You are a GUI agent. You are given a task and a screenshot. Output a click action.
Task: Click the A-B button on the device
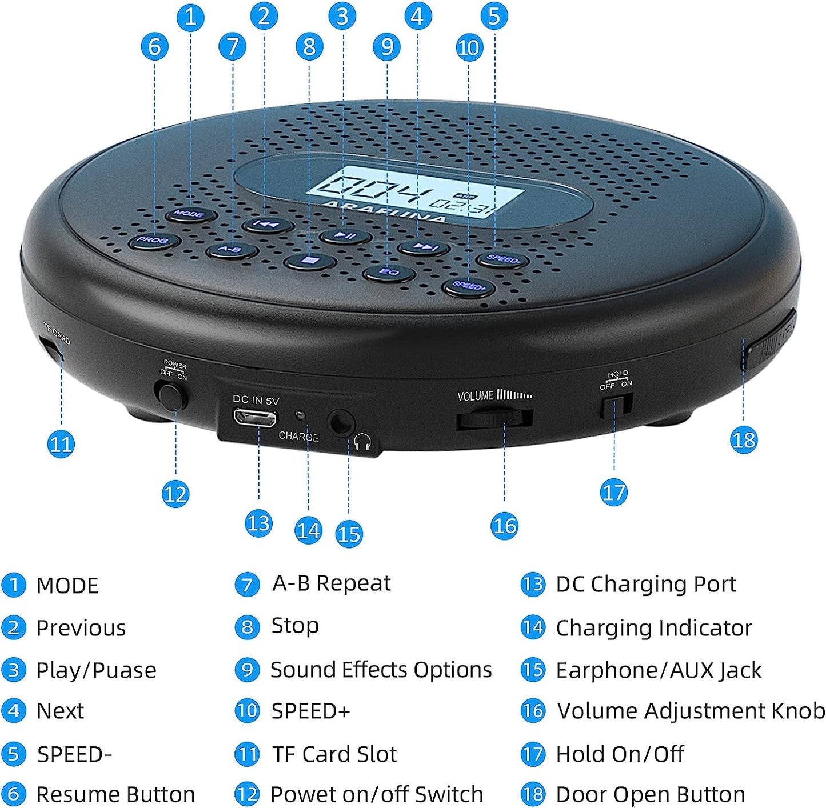coord(230,250)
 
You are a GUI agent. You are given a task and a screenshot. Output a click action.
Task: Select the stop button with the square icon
coord(309,261)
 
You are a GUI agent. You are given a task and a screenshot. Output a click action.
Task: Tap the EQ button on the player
coord(389,272)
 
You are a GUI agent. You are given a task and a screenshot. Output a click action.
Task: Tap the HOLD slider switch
coord(615,406)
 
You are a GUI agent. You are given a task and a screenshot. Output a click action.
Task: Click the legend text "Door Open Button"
coord(650,794)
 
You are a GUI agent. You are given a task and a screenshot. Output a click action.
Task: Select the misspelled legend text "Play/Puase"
coord(96,670)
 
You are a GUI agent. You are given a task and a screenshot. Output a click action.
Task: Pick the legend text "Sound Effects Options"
coord(381,670)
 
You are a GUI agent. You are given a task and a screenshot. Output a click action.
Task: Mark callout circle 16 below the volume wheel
coord(504,526)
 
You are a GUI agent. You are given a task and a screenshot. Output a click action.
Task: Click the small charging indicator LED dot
coord(298,415)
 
